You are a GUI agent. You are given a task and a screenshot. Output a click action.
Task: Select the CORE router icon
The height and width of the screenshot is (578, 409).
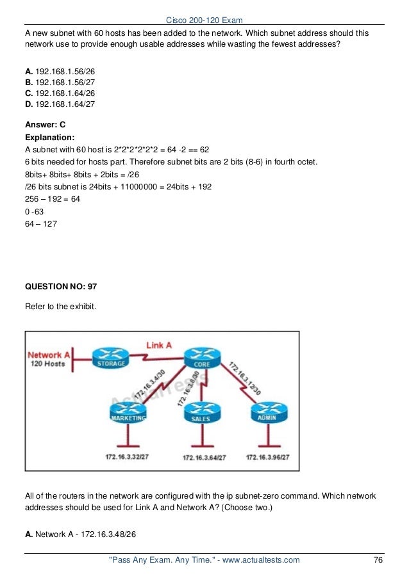(201, 358)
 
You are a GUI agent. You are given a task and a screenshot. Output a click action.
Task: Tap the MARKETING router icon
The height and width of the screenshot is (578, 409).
(128, 412)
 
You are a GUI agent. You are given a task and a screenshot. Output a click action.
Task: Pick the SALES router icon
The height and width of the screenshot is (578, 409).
(201, 413)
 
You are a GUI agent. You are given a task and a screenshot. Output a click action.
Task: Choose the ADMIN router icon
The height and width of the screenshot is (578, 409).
(269, 412)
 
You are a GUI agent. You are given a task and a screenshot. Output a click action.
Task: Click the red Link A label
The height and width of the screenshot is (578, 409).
(160, 346)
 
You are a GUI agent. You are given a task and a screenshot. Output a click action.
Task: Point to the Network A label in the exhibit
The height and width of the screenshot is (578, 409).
(49, 355)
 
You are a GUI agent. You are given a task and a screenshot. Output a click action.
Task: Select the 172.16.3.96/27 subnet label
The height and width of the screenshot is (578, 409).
(268, 457)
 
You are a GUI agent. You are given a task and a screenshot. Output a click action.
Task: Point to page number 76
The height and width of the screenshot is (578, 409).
(378, 560)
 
